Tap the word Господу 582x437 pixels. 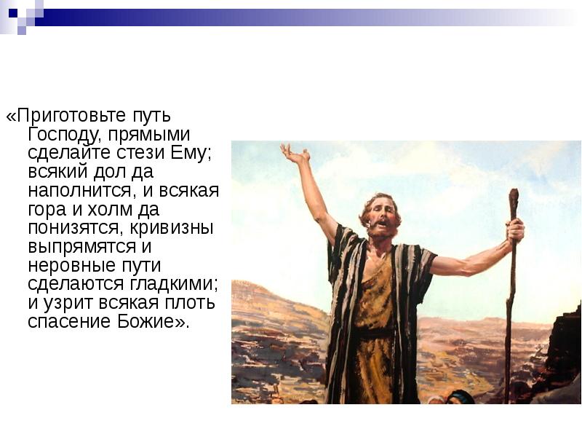[64, 135]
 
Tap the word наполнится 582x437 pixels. [79, 191]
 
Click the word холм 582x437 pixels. [110, 210]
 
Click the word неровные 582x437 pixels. [71, 266]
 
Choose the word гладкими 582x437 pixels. [170, 284]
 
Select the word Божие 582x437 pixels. [145, 321]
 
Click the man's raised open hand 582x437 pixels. [295, 153]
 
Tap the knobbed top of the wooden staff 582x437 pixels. [514, 197]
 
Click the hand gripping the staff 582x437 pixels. [516, 229]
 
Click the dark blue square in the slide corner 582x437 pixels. [13, 13]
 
